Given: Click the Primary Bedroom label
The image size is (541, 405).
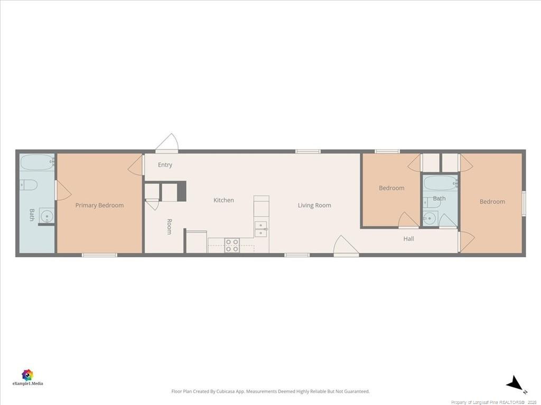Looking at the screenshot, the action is tap(99, 205).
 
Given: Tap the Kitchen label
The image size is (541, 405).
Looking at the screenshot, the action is tap(223, 200).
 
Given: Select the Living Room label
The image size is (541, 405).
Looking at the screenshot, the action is tap(314, 205).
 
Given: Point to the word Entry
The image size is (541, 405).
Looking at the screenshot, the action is tap(165, 165).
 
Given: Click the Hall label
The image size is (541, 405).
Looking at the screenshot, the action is tap(408, 238).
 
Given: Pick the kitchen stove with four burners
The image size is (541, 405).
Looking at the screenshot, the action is tap(232, 245).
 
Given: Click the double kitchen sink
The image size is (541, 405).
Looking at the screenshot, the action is tap(261, 229).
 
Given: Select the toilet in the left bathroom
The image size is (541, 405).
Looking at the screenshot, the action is tap(29, 185).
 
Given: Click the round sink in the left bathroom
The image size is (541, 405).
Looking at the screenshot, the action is tap(46, 216).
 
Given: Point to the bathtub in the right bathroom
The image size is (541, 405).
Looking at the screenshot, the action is tap(440, 183).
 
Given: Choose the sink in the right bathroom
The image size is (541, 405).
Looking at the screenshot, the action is tap(430, 218).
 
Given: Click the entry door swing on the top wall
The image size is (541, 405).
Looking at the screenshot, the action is tap(167, 142).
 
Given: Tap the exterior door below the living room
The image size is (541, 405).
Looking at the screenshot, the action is tap(346, 246).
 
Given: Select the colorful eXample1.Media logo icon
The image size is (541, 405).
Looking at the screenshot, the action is tap(27, 375).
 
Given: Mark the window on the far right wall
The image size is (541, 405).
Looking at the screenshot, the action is tap(524, 204).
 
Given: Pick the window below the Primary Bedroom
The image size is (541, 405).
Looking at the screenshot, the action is tap(99, 255).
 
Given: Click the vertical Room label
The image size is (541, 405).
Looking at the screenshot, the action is tap(169, 227).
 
